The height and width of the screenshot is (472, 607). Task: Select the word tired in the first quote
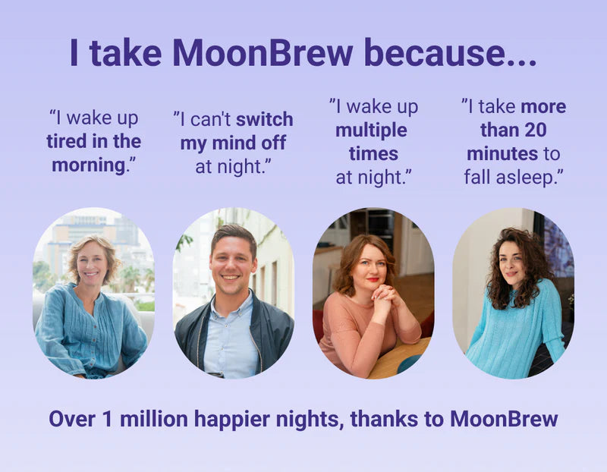pos(66,141)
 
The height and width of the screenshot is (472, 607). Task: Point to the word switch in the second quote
pos(264,120)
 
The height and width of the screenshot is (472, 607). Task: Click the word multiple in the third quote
pos(371,131)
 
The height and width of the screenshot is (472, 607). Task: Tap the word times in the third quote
pos(373,154)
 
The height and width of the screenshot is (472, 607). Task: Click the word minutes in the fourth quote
pos(502,153)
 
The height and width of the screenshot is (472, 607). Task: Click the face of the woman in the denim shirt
pos(93,263)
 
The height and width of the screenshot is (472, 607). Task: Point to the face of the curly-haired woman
pos(511,263)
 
